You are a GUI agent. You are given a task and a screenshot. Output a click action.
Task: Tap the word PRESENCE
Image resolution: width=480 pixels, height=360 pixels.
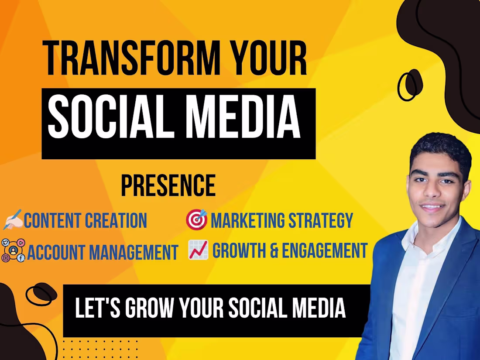[168, 186]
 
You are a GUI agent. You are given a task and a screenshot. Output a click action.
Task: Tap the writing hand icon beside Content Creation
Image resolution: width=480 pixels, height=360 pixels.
[12, 221]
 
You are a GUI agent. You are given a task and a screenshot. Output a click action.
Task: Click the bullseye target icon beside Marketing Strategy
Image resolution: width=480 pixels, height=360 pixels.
[196, 220]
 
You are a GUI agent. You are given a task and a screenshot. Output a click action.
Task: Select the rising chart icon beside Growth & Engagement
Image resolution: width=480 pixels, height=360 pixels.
[198, 250]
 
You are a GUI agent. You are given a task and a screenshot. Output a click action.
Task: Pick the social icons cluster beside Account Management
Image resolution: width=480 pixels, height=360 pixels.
[13, 250]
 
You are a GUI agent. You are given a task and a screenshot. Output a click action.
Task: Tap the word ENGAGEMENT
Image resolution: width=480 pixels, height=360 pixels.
[323, 251]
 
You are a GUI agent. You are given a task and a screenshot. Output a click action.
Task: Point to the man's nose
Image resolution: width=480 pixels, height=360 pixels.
[432, 192]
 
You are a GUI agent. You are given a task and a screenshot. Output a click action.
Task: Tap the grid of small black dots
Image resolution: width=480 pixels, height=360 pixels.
[100, 349]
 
